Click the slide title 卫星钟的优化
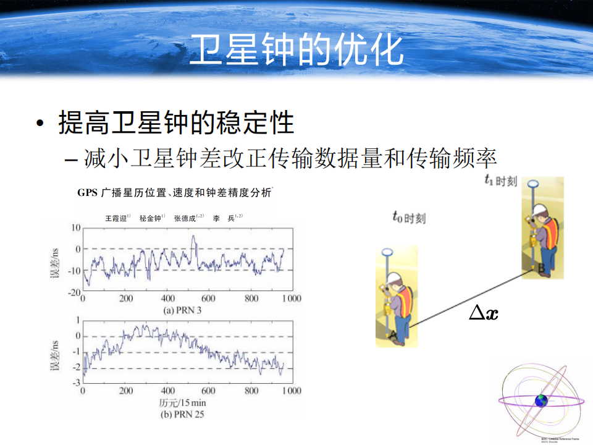296,50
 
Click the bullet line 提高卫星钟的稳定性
176,122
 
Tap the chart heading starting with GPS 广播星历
174,193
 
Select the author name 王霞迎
116,218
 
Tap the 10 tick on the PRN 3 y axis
75,227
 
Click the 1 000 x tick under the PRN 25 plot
290,391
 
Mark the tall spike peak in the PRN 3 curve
193,237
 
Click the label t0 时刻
409,217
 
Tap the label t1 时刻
501,180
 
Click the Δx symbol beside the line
483,313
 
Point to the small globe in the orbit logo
542,400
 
